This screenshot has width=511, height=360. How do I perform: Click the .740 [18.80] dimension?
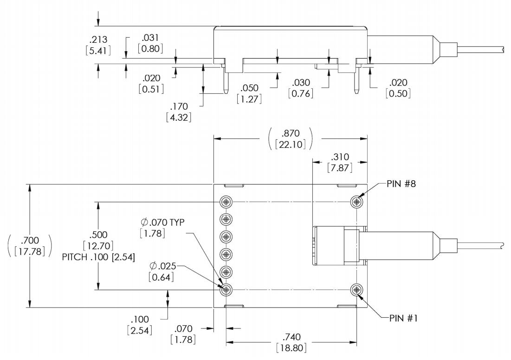291,343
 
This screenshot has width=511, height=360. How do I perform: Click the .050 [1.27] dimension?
249,93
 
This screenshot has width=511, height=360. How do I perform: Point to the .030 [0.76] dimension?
300,88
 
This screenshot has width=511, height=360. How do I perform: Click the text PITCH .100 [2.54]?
98,258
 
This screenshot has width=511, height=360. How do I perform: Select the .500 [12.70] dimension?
98,241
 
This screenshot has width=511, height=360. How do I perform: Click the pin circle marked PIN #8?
356,202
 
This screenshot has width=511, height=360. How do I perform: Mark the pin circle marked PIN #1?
356,290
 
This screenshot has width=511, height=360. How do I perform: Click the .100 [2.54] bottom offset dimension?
139,326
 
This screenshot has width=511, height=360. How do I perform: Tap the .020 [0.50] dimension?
398,88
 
